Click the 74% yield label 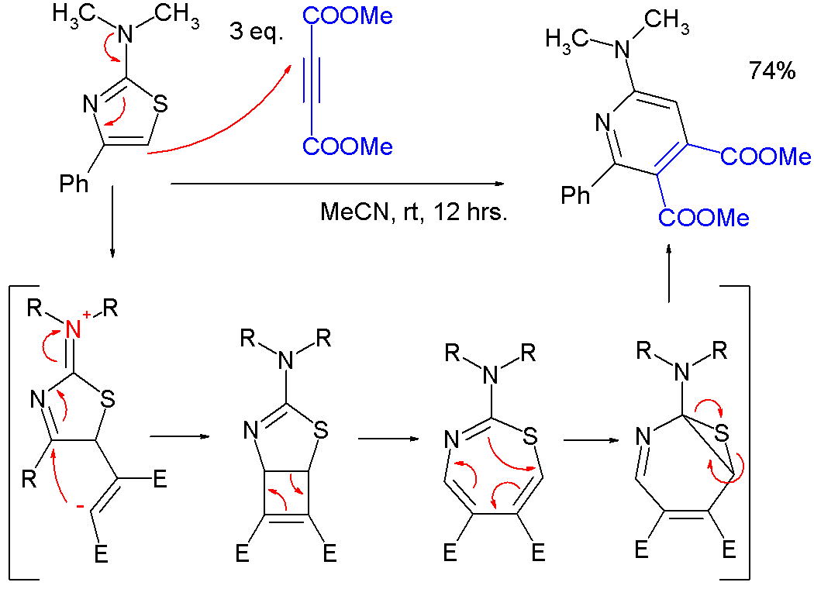click(771, 71)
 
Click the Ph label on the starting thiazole click(74, 184)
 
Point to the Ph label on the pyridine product click(575, 195)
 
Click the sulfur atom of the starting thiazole click(161, 104)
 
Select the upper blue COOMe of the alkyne click(350, 16)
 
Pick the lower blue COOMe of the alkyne click(350, 146)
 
